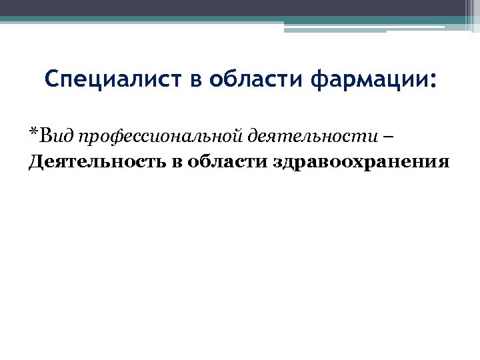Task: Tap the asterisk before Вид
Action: click(33, 133)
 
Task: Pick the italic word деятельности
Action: click(303, 136)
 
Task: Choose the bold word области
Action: click(226, 163)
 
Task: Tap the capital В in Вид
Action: click(45, 136)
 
